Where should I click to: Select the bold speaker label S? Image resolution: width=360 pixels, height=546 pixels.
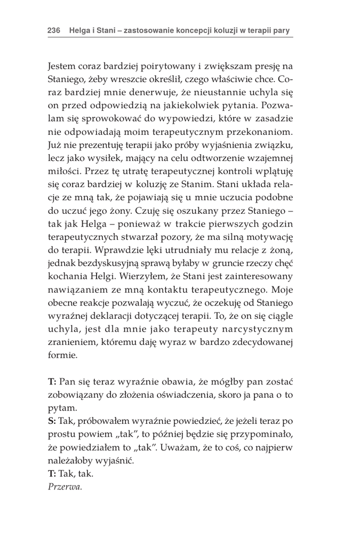52,421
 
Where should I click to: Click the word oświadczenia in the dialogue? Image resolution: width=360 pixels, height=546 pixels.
195,395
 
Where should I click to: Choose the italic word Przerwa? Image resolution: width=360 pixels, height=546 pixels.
65,485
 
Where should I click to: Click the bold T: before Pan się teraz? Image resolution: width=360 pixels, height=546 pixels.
52,382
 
